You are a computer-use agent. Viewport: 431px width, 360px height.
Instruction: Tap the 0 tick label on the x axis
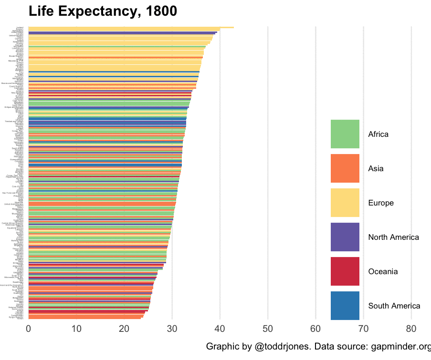(29, 329)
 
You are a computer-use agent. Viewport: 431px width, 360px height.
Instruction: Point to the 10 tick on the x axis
(76, 329)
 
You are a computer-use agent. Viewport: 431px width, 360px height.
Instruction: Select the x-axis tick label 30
(172, 329)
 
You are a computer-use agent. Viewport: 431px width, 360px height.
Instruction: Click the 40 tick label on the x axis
(220, 329)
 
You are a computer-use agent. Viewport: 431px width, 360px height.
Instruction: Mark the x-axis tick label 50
(268, 329)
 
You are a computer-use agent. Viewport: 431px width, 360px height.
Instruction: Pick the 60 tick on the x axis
(315, 329)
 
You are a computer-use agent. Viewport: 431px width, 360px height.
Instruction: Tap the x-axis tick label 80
(411, 329)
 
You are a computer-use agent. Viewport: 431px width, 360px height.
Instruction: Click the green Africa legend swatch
(345, 134)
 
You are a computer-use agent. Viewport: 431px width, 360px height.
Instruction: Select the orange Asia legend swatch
(345, 169)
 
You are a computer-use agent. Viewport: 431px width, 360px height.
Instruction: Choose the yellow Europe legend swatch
(345, 203)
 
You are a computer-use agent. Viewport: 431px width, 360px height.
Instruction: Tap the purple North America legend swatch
(345, 237)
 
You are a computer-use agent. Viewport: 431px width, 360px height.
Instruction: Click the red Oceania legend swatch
(345, 272)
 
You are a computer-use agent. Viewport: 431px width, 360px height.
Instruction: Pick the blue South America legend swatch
(345, 306)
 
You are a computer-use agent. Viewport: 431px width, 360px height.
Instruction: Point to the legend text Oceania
(383, 272)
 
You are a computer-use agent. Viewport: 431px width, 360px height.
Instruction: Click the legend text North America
(393, 237)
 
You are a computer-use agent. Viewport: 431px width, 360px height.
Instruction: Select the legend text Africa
(378, 134)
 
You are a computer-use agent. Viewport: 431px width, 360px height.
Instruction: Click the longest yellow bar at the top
(131, 27)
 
